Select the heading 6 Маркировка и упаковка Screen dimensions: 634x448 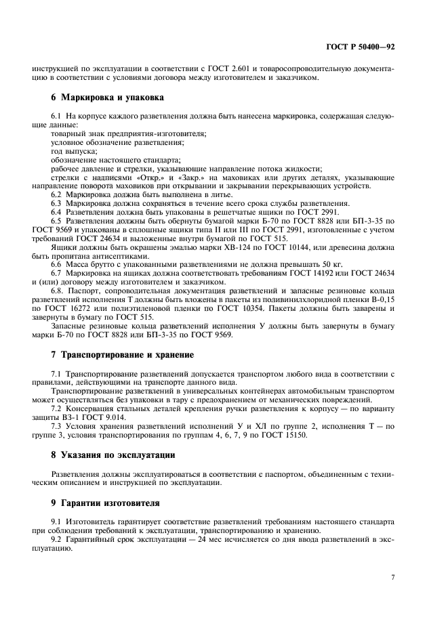(104, 97)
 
